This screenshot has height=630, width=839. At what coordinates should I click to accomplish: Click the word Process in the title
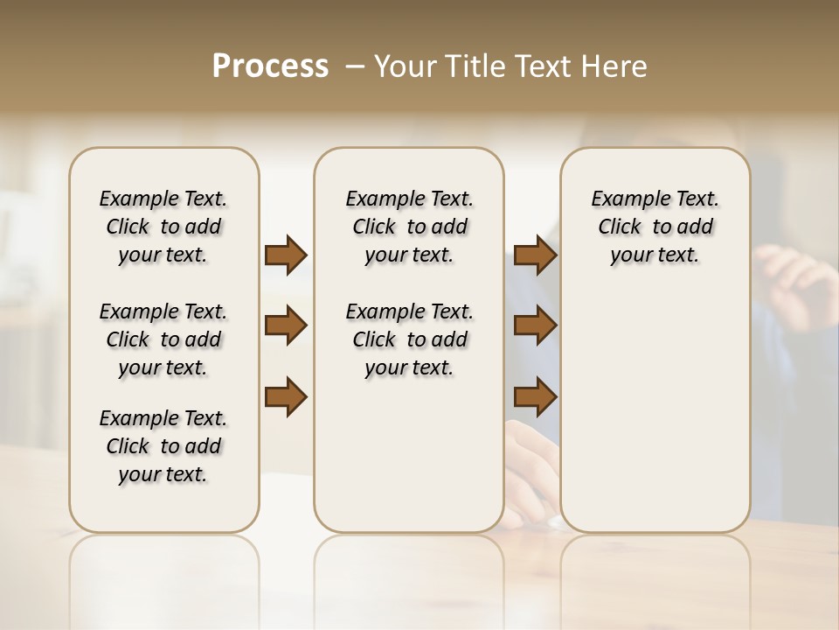pyautogui.click(x=270, y=66)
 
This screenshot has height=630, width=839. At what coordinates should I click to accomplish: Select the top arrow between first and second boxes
pyautogui.click(x=286, y=255)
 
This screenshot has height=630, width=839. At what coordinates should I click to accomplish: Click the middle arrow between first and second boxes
pyautogui.click(x=286, y=326)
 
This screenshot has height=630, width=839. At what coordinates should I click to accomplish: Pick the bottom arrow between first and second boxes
pyautogui.click(x=286, y=396)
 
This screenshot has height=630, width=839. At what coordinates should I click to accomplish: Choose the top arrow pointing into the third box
pyautogui.click(x=535, y=255)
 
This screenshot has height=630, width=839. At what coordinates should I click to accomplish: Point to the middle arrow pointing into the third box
pyautogui.click(x=535, y=326)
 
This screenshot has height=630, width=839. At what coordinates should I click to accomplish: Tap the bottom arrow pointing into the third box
pyautogui.click(x=535, y=396)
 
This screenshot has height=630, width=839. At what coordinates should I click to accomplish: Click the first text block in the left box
pyautogui.click(x=163, y=227)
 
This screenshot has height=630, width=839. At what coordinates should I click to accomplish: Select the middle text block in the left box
pyautogui.click(x=163, y=339)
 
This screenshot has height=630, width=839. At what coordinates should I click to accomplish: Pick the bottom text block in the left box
pyautogui.click(x=163, y=446)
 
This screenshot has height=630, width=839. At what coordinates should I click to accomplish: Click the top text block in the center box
pyautogui.click(x=409, y=227)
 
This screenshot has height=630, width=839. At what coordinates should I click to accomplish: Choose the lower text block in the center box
pyautogui.click(x=409, y=339)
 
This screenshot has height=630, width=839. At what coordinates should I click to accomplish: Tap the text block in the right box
pyautogui.click(x=655, y=227)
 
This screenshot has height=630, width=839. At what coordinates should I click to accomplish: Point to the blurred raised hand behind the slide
pyautogui.click(x=795, y=280)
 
